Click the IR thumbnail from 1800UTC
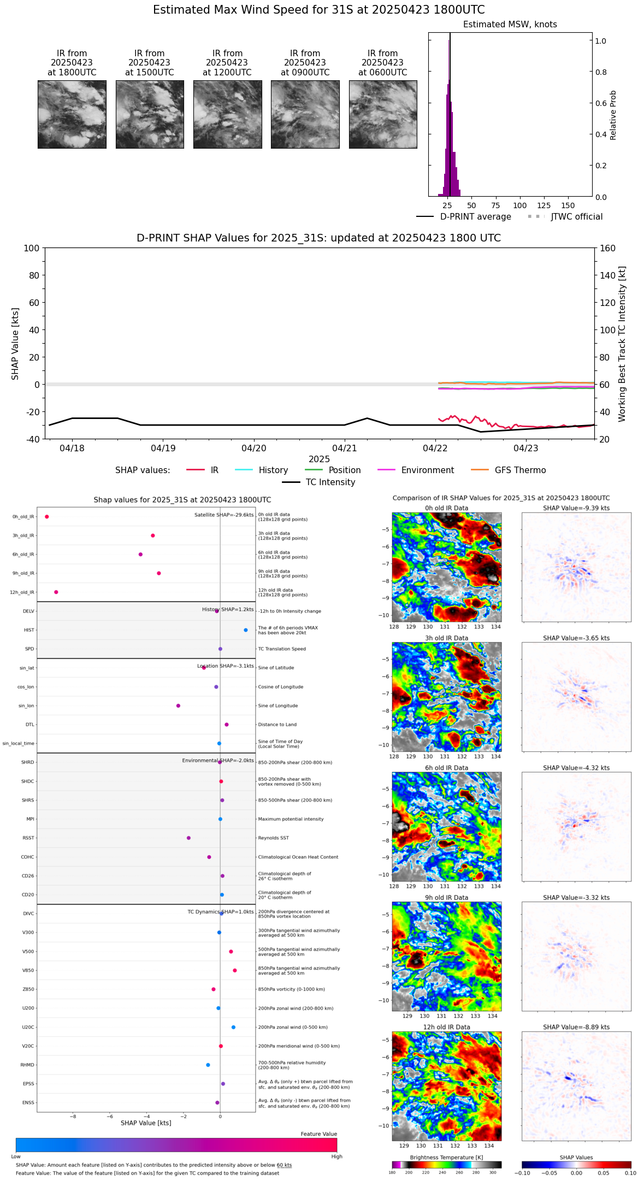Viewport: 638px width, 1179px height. point(72,114)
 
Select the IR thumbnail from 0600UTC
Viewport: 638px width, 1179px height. point(383,114)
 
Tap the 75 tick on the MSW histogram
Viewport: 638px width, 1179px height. point(495,205)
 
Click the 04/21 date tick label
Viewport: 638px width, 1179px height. point(345,448)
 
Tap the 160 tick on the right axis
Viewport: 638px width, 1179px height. point(608,248)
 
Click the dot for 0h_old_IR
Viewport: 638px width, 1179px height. point(47,516)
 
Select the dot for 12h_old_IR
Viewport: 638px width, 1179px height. point(56,592)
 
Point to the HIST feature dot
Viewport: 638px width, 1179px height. point(246,630)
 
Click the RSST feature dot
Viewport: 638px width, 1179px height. point(188,838)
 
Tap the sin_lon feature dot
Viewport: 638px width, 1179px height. point(178,705)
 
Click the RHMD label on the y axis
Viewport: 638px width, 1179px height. point(28,1065)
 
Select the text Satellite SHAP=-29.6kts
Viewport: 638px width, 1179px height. point(224,515)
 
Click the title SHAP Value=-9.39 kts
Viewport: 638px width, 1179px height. point(576,508)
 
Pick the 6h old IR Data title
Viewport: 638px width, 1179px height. point(446,768)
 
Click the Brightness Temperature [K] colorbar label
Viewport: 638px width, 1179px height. point(446,1157)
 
